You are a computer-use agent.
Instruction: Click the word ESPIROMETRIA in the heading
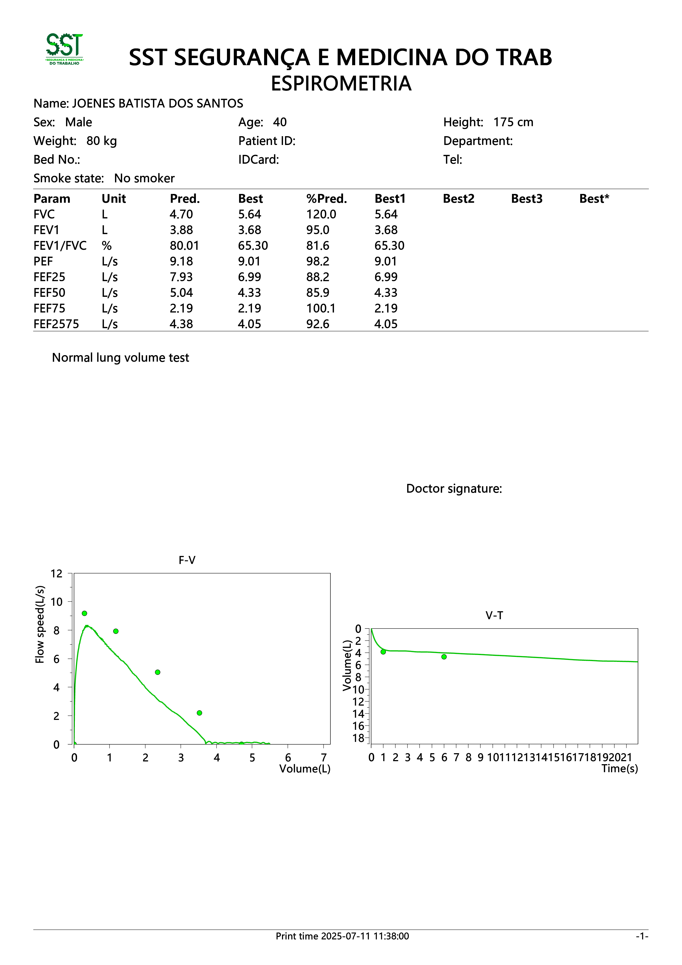click(x=341, y=83)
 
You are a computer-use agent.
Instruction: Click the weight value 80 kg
click(x=102, y=141)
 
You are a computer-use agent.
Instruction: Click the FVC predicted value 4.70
click(x=181, y=214)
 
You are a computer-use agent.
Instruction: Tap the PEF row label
click(x=43, y=261)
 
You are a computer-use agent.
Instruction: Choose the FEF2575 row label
click(x=56, y=324)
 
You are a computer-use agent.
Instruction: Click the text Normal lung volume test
click(x=120, y=358)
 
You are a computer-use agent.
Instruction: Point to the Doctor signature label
click(x=454, y=489)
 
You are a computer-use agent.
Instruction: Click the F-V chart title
click(x=187, y=560)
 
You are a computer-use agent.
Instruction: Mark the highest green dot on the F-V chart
click(x=84, y=613)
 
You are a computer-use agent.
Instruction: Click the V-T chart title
click(x=494, y=616)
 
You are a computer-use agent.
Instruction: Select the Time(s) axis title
click(x=620, y=769)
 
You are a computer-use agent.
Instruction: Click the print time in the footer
click(x=342, y=936)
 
